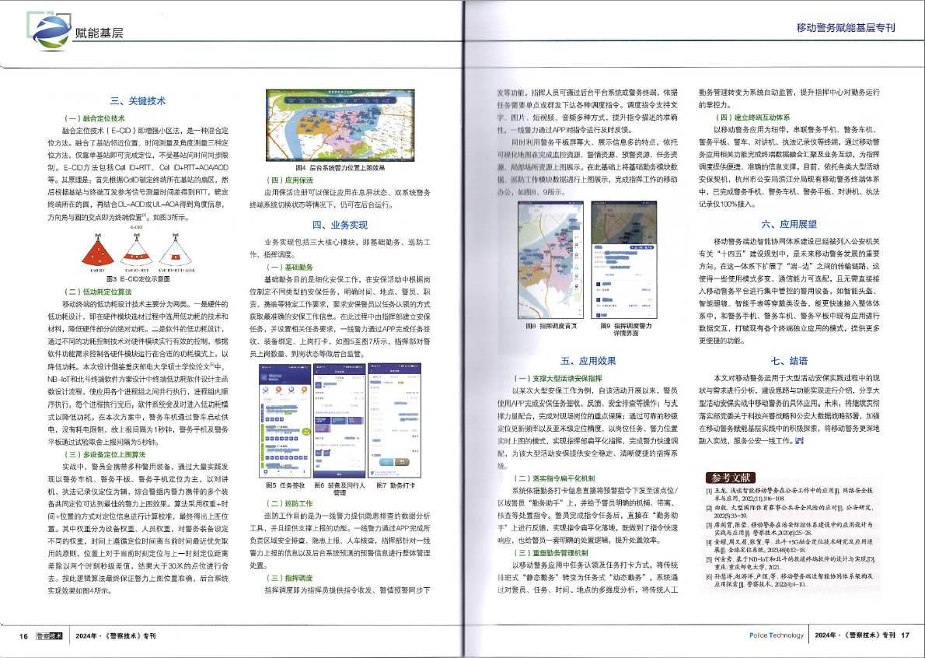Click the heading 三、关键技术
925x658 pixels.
pyautogui.click(x=137, y=100)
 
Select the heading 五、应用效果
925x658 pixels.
pyautogui.click(x=588, y=361)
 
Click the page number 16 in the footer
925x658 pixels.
pyautogui.click(x=24, y=635)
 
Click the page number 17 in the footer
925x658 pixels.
pyautogui.click(x=905, y=635)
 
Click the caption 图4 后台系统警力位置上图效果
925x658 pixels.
pyautogui.click(x=340, y=167)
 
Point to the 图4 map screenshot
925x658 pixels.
pyautogui.click(x=340, y=124)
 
